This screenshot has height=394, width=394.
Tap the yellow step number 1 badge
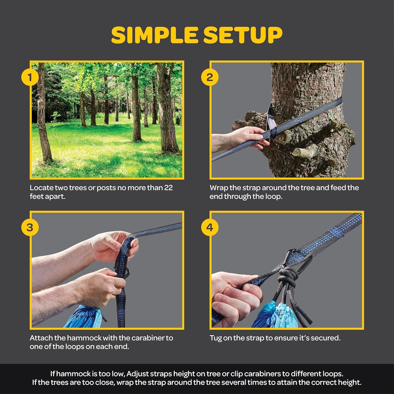point(30,77)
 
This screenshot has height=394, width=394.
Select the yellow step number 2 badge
point(209,77)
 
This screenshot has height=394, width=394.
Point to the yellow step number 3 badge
point(30,227)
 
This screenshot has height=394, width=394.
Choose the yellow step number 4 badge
point(209,227)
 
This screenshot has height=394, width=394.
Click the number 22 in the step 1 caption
point(168,188)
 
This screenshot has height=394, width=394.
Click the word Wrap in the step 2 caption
point(219,188)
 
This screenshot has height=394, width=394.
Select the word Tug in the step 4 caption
point(216,338)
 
